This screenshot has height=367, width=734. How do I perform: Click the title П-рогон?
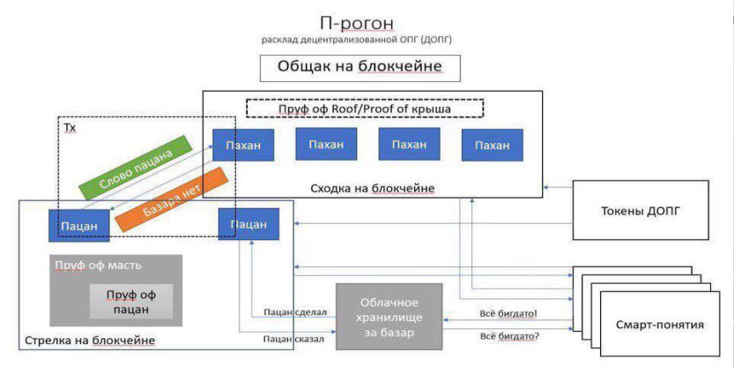pyautogui.click(x=357, y=23)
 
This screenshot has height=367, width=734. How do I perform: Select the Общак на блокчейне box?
pyautogui.click(x=360, y=68)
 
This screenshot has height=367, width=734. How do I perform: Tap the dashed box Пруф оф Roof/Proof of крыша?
pyautogui.click(x=365, y=109)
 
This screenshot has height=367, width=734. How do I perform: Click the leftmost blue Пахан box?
pyautogui.click(x=243, y=145)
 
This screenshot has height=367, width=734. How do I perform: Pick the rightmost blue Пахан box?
pyautogui.click(x=492, y=146)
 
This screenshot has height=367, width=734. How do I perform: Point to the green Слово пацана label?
pyautogui.click(x=136, y=168)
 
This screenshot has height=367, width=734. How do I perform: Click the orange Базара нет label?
pyautogui.click(x=171, y=199)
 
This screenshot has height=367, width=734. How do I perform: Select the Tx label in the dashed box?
pyautogui.click(x=70, y=127)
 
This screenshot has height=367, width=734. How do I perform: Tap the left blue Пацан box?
pyautogui.click(x=79, y=226)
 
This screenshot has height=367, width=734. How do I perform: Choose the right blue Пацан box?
pyautogui.click(x=248, y=224)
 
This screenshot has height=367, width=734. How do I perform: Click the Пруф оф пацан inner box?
pyautogui.click(x=131, y=302)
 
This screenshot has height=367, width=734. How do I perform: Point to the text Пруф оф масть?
pyautogui.click(x=98, y=266)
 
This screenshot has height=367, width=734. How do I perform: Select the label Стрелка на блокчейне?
pyautogui.click(x=89, y=340)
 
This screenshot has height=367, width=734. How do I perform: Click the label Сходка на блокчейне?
pyautogui.click(x=373, y=189)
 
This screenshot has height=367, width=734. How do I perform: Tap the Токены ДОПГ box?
pyautogui.click(x=641, y=211)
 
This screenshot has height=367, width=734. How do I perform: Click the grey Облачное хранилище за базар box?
pyautogui.click(x=389, y=317)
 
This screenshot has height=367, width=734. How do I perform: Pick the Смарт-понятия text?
pyautogui.click(x=660, y=325)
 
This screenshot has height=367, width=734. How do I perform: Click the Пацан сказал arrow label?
pyautogui.click(x=293, y=339)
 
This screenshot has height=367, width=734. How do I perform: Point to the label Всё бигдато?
pyautogui.click(x=509, y=335)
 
